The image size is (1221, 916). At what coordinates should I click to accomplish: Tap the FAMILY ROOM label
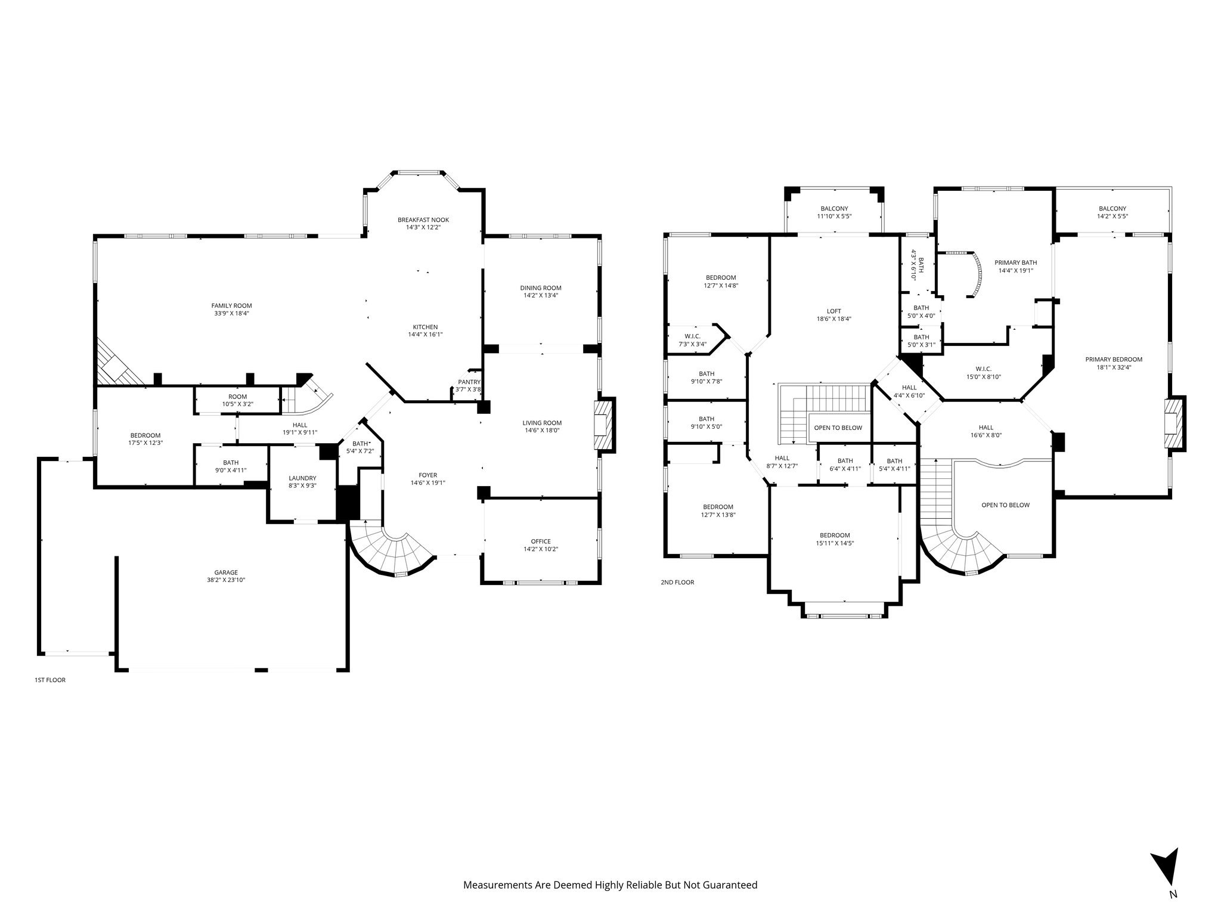pos(231,305)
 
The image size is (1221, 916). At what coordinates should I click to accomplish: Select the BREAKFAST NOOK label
pos(423,220)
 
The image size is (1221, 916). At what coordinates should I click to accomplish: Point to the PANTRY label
pos(469,382)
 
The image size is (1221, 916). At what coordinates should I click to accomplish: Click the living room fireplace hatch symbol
pos(602,425)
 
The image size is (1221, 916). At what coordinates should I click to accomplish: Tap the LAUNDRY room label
pos(302,478)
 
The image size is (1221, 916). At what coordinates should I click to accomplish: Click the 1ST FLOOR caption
pos(50,679)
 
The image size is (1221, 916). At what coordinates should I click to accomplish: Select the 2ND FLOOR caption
pos(677,582)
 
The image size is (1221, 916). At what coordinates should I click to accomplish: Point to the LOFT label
pos(833,311)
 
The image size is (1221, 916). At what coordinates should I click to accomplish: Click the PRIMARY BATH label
pos(1015,262)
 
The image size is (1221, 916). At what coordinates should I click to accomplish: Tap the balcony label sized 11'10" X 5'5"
pos(834,208)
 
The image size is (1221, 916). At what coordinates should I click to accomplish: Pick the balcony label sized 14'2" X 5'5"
pos(1112,208)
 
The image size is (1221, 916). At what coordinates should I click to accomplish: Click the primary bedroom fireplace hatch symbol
pos(1172,424)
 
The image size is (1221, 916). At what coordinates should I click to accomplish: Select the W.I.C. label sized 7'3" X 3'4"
pos(692,336)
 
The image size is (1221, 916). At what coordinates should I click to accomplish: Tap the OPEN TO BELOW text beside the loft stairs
pos(838,428)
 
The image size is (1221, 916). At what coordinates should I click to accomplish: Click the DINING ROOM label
pos(541,288)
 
